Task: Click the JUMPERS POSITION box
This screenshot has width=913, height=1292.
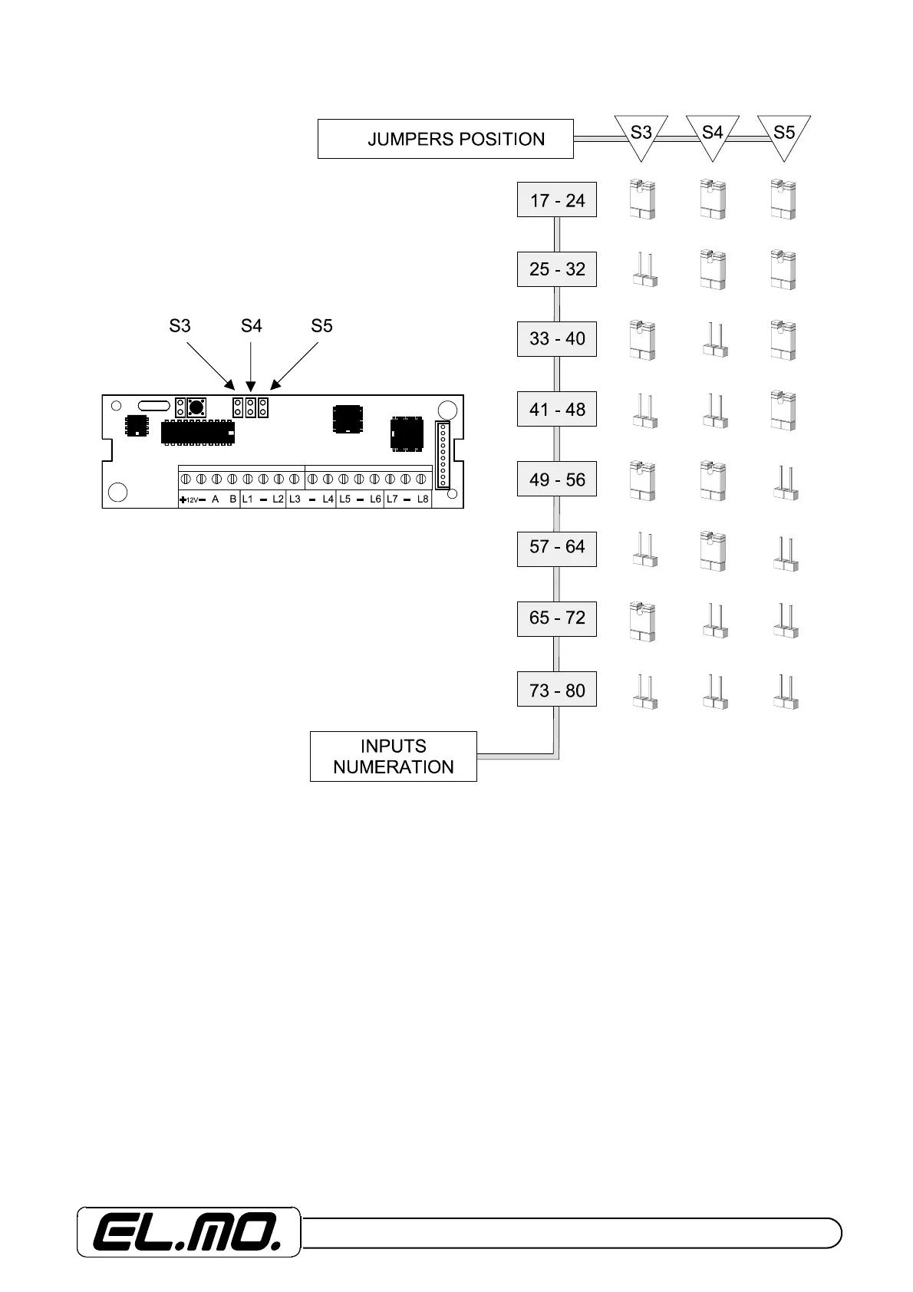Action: (x=445, y=139)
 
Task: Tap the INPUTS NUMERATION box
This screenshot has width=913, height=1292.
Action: (x=393, y=756)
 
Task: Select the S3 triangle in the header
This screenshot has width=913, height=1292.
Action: (x=641, y=134)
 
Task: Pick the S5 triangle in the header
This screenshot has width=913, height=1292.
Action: (x=783, y=134)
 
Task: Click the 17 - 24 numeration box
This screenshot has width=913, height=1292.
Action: (x=557, y=200)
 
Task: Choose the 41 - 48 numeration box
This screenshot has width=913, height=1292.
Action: (x=557, y=409)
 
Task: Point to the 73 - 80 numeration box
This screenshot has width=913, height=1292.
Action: (x=557, y=690)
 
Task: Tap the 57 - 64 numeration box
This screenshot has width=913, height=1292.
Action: (x=557, y=548)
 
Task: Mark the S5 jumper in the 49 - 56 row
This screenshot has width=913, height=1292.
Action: (x=784, y=483)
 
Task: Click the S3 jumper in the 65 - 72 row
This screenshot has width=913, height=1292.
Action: (x=641, y=621)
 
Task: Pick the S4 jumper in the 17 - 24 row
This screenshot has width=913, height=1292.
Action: (x=713, y=199)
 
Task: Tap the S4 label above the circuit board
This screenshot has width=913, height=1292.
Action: (x=251, y=326)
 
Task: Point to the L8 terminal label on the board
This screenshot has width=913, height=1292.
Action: (x=423, y=499)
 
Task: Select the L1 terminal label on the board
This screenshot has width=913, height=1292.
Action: (x=247, y=499)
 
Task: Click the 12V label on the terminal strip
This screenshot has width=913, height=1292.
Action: (x=193, y=500)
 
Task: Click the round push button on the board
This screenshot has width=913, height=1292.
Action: (x=196, y=407)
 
